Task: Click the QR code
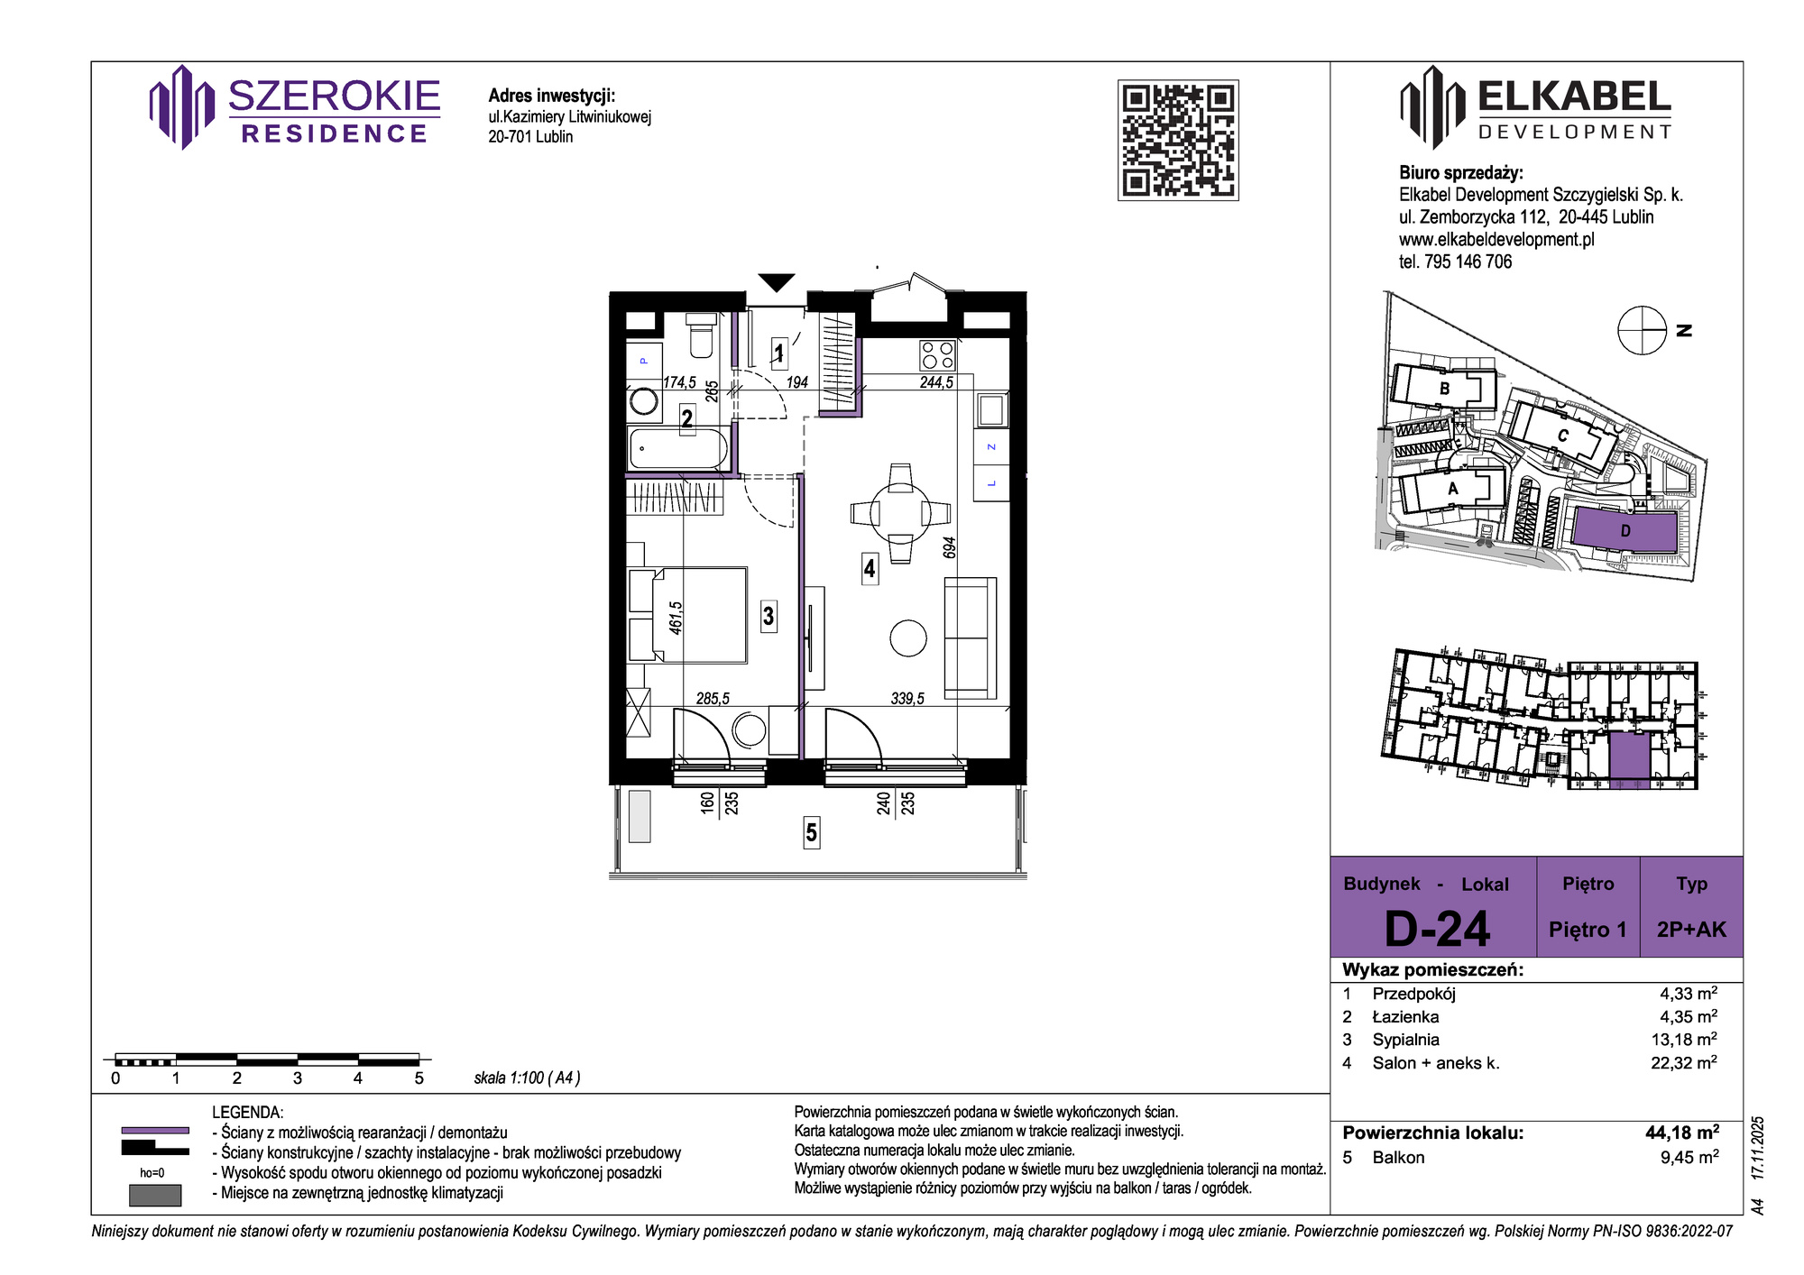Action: tap(1178, 140)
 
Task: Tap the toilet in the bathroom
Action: tap(701, 335)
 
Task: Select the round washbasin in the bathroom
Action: tap(644, 400)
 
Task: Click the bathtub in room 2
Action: tap(678, 449)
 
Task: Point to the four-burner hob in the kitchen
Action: tap(938, 355)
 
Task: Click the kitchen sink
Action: tap(991, 411)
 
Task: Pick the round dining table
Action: tap(900, 513)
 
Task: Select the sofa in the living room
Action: tap(971, 638)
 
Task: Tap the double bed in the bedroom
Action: tap(688, 615)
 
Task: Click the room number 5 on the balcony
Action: tap(812, 832)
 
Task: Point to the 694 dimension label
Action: tap(949, 548)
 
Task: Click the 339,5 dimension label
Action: tap(907, 699)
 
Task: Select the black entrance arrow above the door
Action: tap(776, 282)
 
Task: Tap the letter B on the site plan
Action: tap(1444, 389)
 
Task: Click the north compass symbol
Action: tap(1642, 330)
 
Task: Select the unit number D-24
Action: tap(1437, 929)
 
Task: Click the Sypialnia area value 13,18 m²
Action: tap(1684, 1040)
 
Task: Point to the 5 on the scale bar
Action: tap(419, 1078)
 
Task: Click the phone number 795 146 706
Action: tap(1468, 262)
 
